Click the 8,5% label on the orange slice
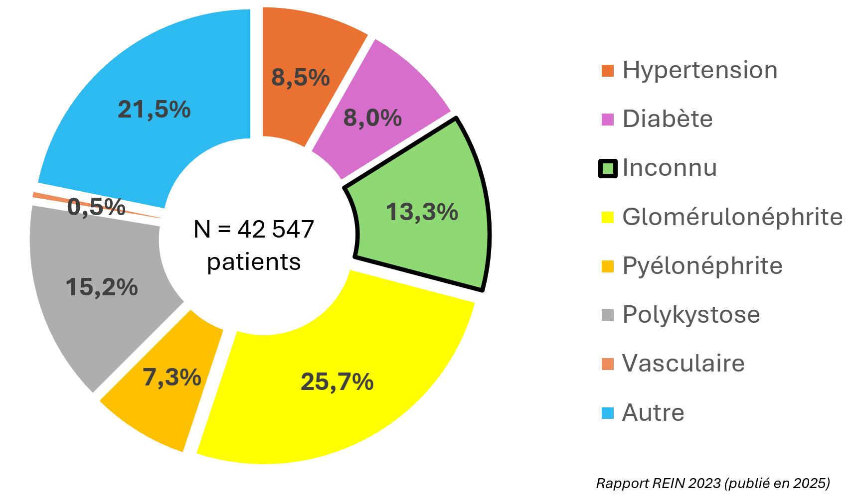coord(301,78)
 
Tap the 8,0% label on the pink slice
coord(372,118)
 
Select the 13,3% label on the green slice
coord(422,212)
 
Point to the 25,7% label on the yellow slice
coord(337,382)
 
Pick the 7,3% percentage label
coord(172,377)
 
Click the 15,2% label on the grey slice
coord(102,287)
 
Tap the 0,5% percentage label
coord(96,207)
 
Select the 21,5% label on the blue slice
coord(154,110)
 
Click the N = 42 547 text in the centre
coord(254,230)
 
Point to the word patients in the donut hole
coord(254,262)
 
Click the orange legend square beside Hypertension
coord(608,71)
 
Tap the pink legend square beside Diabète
coord(608,120)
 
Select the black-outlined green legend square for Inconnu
coord(608,168)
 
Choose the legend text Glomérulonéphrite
coord(732,217)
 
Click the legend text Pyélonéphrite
coord(702,266)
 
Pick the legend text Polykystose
coord(691,315)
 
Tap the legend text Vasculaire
coord(684,364)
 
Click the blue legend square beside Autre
coord(608,413)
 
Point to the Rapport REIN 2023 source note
coord(713,484)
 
